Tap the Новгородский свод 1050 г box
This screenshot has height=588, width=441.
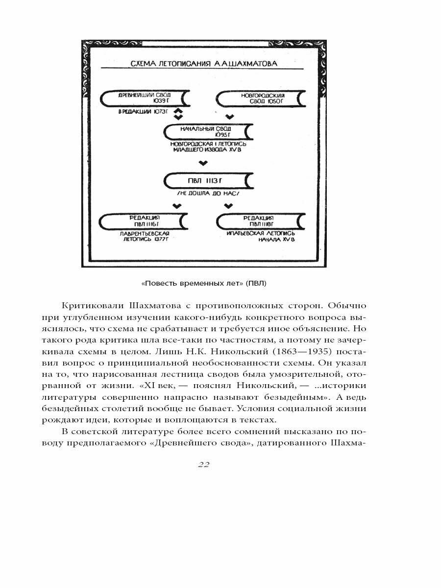tap(260, 98)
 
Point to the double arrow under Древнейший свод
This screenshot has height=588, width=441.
tap(179, 114)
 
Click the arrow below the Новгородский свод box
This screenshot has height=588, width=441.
tap(229, 116)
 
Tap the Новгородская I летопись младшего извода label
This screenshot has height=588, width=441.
tap(209, 147)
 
